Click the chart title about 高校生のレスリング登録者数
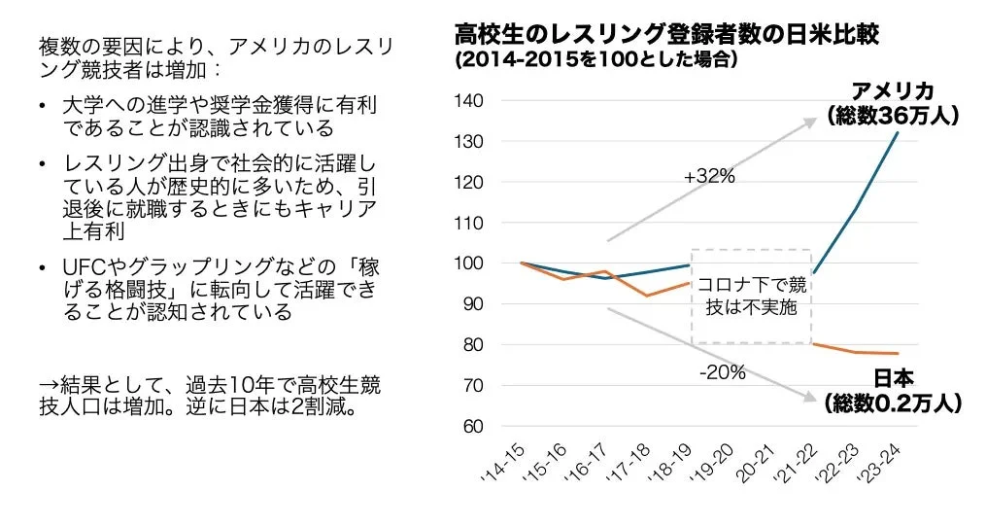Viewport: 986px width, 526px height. coord(666,35)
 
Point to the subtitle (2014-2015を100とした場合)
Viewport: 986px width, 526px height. coord(595,59)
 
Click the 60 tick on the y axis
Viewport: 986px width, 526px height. coord(473,426)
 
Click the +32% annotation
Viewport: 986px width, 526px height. coord(709,177)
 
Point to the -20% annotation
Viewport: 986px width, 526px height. coord(722,372)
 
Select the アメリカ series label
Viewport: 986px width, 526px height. coord(892,91)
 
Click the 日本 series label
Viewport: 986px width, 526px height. coord(892,379)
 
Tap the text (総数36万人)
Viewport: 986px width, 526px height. coord(893,116)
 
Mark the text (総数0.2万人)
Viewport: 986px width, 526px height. coord(892,403)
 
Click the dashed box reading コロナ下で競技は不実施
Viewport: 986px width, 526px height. coord(751,295)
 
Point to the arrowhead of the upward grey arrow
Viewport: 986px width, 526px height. coord(812,122)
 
